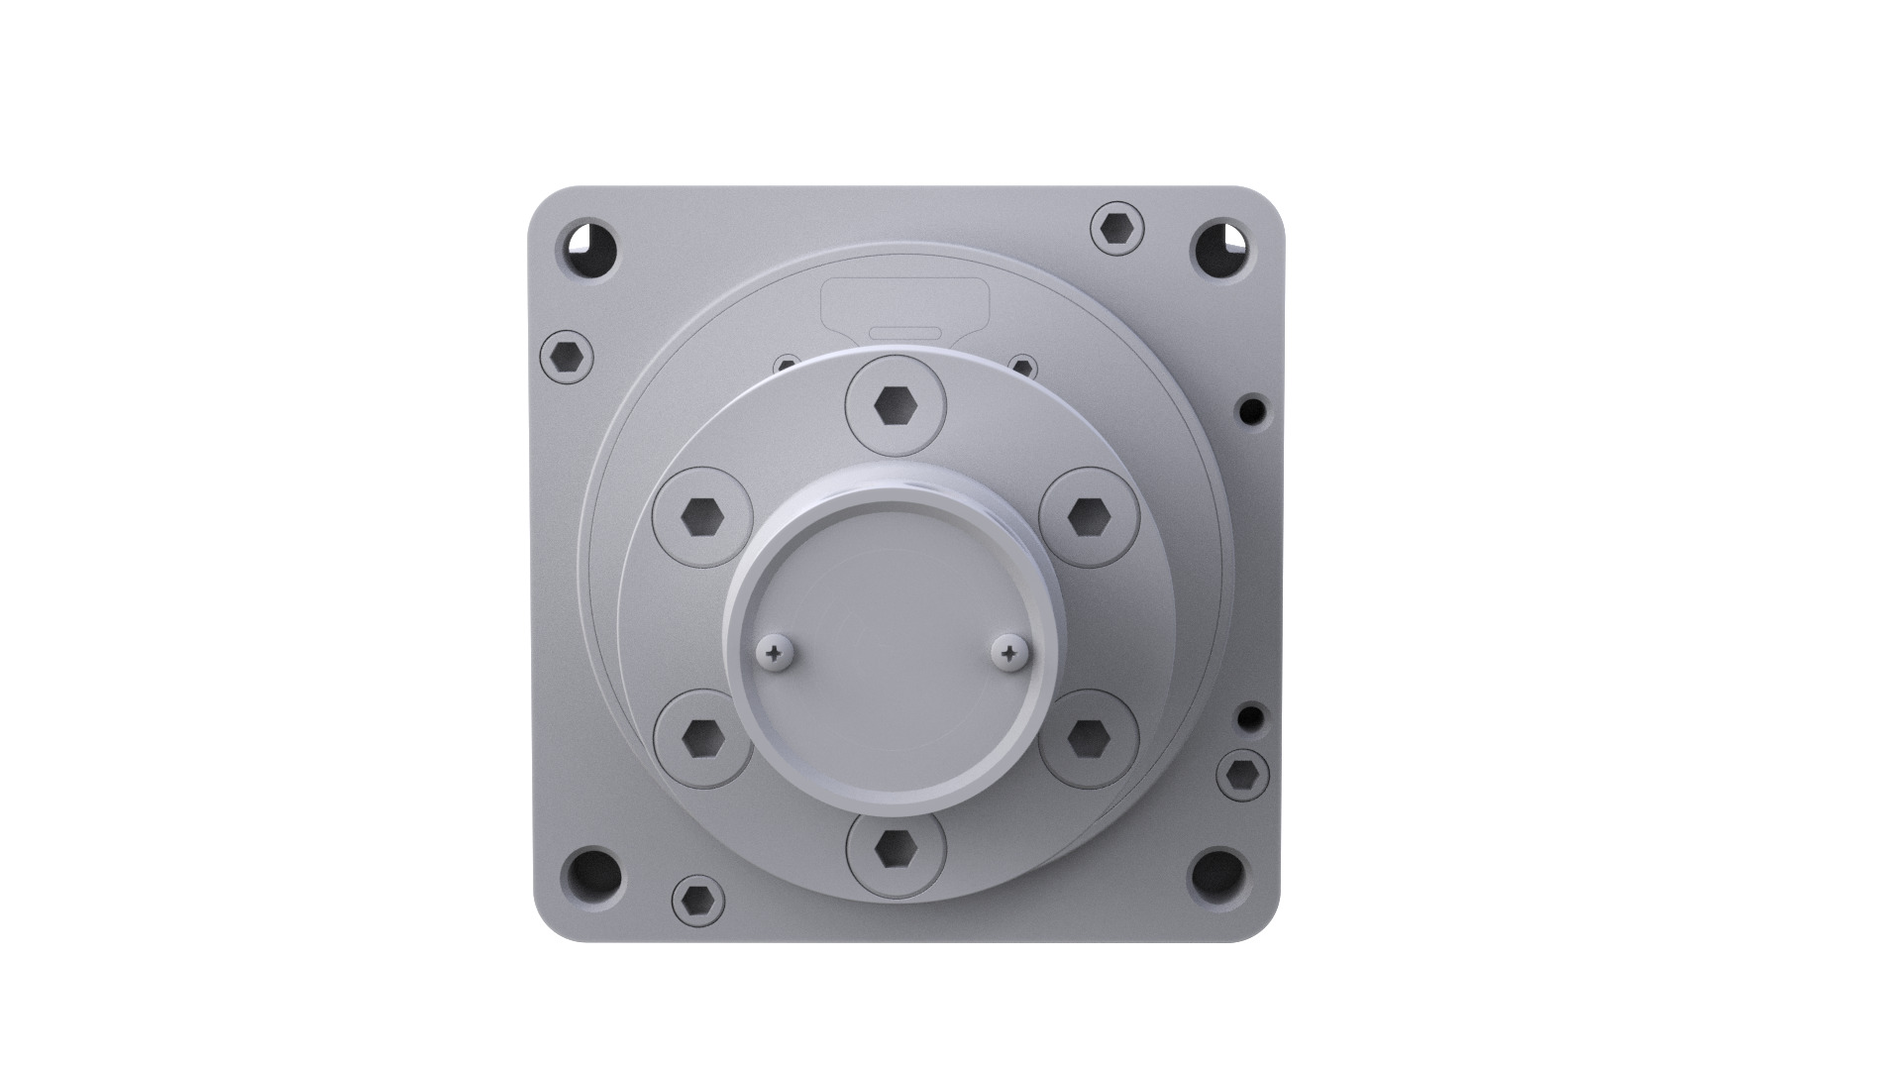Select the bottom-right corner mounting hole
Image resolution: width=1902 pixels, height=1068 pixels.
point(1215,872)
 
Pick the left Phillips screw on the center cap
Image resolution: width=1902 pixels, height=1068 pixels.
point(772,653)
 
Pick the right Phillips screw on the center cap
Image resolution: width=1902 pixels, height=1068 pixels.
point(1009,653)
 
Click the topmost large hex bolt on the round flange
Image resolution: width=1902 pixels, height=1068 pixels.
point(897,405)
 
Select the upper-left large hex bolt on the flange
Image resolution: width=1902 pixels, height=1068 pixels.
point(703,517)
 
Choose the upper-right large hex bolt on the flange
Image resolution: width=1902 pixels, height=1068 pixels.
point(1089,517)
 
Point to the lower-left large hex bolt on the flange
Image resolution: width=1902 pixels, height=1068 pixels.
point(703,738)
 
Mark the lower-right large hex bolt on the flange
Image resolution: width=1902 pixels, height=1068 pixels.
point(1089,738)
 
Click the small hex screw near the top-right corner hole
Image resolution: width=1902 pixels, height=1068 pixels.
point(1117,229)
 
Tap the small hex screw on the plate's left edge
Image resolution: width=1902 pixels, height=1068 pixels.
point(568,356)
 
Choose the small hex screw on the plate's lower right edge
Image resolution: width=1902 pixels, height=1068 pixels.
point(1242,775)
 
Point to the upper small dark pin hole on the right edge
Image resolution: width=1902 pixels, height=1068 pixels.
point(1253,407)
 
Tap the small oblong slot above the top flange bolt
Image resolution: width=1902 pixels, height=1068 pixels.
point(904,330)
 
